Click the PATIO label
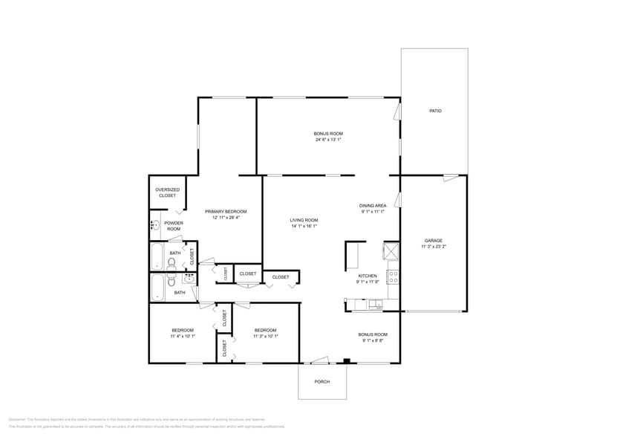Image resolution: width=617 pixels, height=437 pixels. tap(435, 111)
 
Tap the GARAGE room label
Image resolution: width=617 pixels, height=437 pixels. tap(433, 240)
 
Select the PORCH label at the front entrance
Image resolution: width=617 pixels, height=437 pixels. tap(321, 382)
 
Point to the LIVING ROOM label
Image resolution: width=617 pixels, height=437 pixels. tap(304, 220)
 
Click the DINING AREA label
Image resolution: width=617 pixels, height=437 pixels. tap(373, 206)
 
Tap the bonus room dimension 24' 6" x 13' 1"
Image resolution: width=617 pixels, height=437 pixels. tap(327, 140)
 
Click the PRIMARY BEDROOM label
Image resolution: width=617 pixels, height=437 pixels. tap(226, 211)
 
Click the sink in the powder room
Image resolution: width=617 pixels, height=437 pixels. tap(154, 224)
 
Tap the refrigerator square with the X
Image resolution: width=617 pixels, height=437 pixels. tap(391, 250)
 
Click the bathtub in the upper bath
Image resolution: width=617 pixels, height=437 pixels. tap(157, 256)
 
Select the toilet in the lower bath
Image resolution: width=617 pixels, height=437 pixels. tap(172, 282)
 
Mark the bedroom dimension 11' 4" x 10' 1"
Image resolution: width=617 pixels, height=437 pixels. tap(183, 336)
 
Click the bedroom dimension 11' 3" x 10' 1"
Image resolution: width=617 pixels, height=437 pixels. tap(265, 336)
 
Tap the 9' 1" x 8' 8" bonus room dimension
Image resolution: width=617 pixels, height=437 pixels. tap(373, 340)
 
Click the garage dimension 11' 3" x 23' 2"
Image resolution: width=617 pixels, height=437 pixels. tap(433, 246)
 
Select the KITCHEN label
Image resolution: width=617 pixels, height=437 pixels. tap(368, 276)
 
